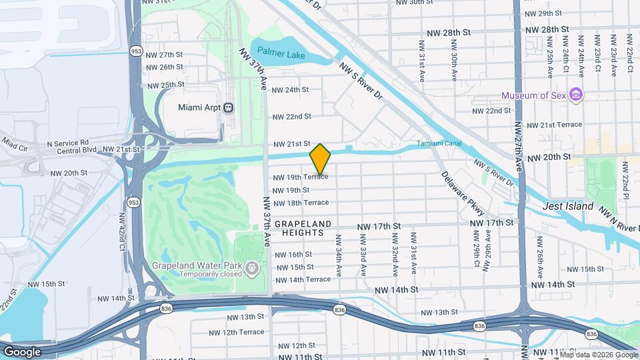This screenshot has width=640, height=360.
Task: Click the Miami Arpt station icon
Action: point(229,107)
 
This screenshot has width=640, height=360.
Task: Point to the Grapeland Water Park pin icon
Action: point(251,269)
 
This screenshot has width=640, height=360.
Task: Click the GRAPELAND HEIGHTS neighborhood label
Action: point(299,228)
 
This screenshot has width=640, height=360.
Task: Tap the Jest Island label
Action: point(568,207)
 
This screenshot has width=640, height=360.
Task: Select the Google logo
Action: point(22,351)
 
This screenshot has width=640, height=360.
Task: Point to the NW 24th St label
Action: point(291,89)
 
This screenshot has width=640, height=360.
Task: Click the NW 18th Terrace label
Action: point(301,202)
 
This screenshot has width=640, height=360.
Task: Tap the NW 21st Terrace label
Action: point(555,125)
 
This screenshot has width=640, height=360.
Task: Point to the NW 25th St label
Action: point(165,85)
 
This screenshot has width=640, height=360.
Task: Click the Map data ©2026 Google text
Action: point(599,355)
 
